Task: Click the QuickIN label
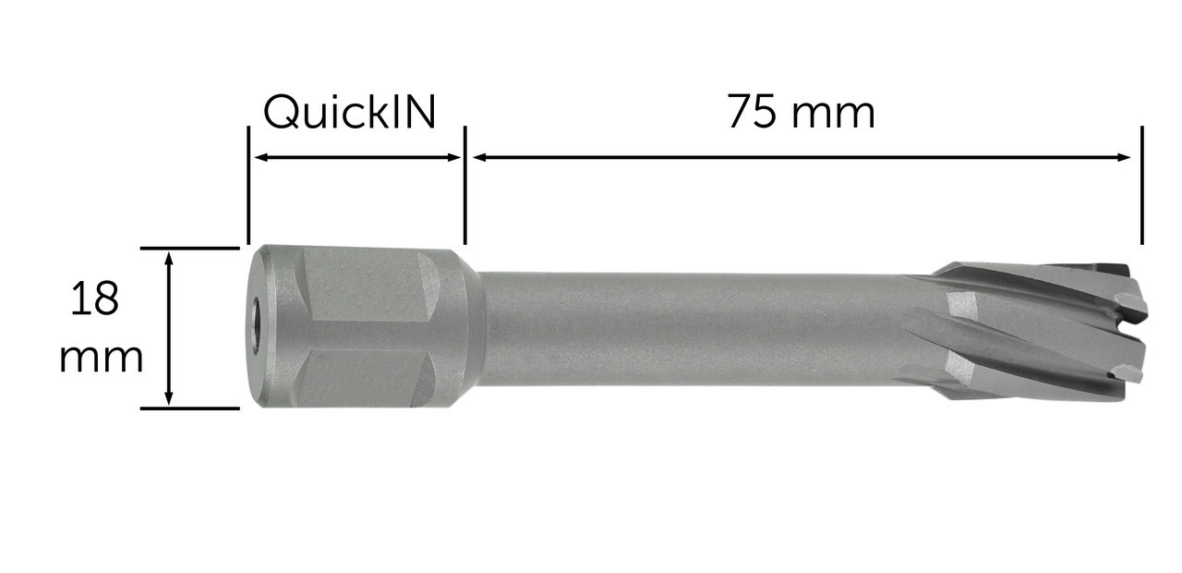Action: point(349,113)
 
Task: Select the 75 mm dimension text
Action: point(802,112)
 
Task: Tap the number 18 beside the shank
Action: point(94,299)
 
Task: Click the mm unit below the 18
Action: point(101,358)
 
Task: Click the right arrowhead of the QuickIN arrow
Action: point(453,157)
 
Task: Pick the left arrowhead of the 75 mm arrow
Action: point(481,157)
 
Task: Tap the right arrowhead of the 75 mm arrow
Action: point(1122,157)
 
